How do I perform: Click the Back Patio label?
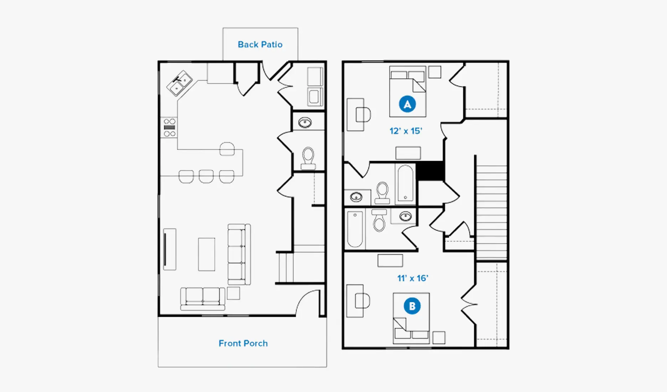coord(260,45)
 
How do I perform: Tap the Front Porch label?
coord(243,343)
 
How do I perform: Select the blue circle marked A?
coord(407,104)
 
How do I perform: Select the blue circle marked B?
coord(412,306)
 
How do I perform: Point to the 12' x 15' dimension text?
coord(405,131)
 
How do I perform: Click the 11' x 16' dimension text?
coord(413,278)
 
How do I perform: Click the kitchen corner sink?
coord(180,83)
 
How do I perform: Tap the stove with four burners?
coord(169,128)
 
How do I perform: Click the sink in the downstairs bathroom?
coord(305,123)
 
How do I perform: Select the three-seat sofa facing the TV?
coord(239,254)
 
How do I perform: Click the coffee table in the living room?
coord(207,254)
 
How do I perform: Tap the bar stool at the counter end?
coord(227,149)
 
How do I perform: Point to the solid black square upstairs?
coord(430,171)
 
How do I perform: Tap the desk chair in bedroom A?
coord(363,115)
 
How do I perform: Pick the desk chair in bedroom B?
coord(362,301)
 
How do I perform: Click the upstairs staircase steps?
coord(491,212)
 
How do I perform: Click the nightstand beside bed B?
coord(439,337)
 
